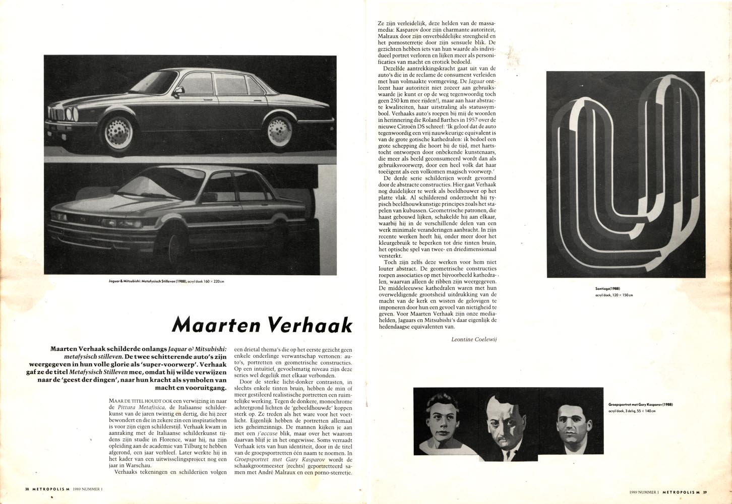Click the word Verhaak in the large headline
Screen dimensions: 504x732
(310, 325)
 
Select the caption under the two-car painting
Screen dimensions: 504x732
(166, 281)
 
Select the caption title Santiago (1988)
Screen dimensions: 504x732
(607, 289)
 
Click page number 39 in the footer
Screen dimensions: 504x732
(705, 492)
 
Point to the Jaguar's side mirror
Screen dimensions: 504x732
(177, 92)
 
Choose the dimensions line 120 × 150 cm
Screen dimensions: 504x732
(614, 295)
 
